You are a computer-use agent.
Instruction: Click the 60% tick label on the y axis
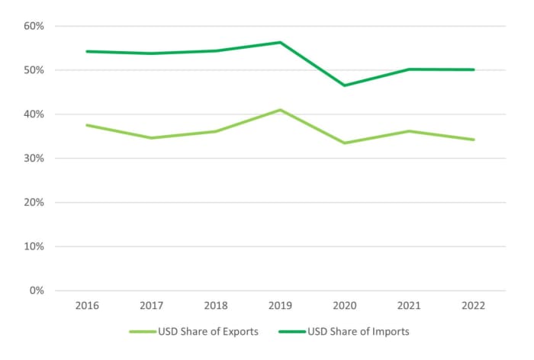coord(34,26)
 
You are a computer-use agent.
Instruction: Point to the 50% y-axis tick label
coord(34,70)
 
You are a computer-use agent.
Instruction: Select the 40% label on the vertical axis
coord(34,114)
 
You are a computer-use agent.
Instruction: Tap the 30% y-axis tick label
coord(34,159)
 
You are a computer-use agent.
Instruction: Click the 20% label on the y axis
coord(34,203)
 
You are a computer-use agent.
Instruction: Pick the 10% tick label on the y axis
coord(34,247)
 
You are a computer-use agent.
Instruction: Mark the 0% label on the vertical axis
coord(37,291)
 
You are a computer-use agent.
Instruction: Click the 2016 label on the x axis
coord(88,305)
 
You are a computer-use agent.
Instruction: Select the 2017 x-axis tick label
coord(152,305)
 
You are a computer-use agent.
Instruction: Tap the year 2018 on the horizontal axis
coord(216,305)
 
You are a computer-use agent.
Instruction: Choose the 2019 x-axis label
coord(281,305)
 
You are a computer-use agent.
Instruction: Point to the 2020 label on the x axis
coord(345,305)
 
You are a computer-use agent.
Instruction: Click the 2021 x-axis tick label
coord(410,305)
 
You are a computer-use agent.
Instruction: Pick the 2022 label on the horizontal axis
coord(474,305)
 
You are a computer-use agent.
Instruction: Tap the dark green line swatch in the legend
coord(292,332)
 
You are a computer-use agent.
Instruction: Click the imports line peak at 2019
coord(281,42)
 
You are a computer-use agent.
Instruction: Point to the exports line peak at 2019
coord(281,110)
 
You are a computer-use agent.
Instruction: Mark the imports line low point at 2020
coord(345,85)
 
